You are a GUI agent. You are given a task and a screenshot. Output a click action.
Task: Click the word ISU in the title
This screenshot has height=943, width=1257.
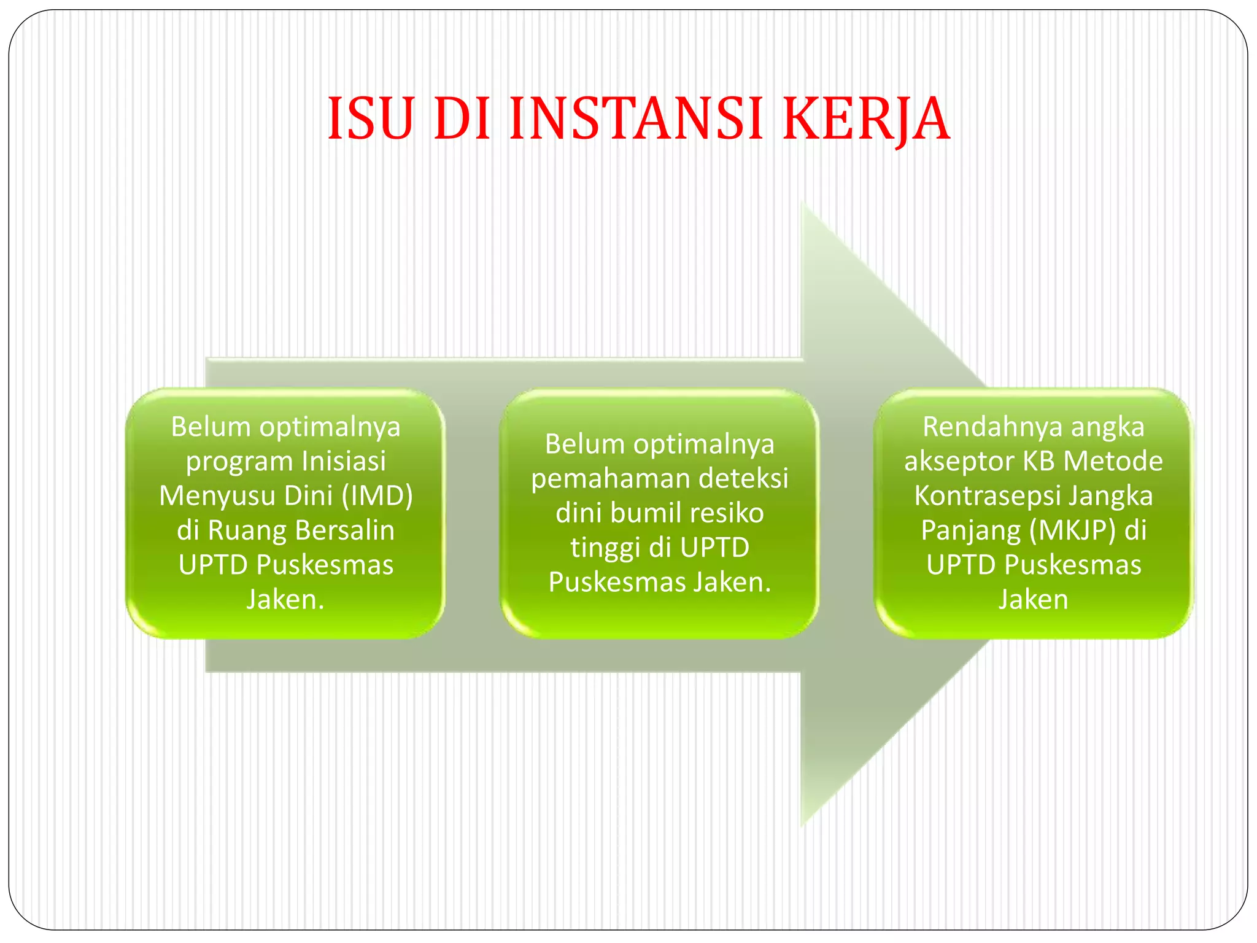[x=371, y=118]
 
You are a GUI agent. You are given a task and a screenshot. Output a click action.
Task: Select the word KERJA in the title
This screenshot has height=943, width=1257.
[x=867, y=118]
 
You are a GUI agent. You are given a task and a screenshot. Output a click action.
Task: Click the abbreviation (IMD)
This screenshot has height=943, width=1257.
[x=377, y=495]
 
